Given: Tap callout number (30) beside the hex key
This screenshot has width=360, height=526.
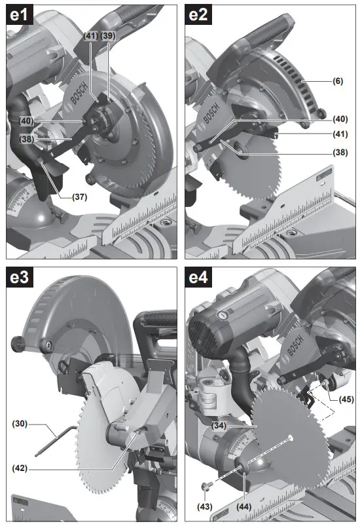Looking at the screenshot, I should click(x=20, y=423).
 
